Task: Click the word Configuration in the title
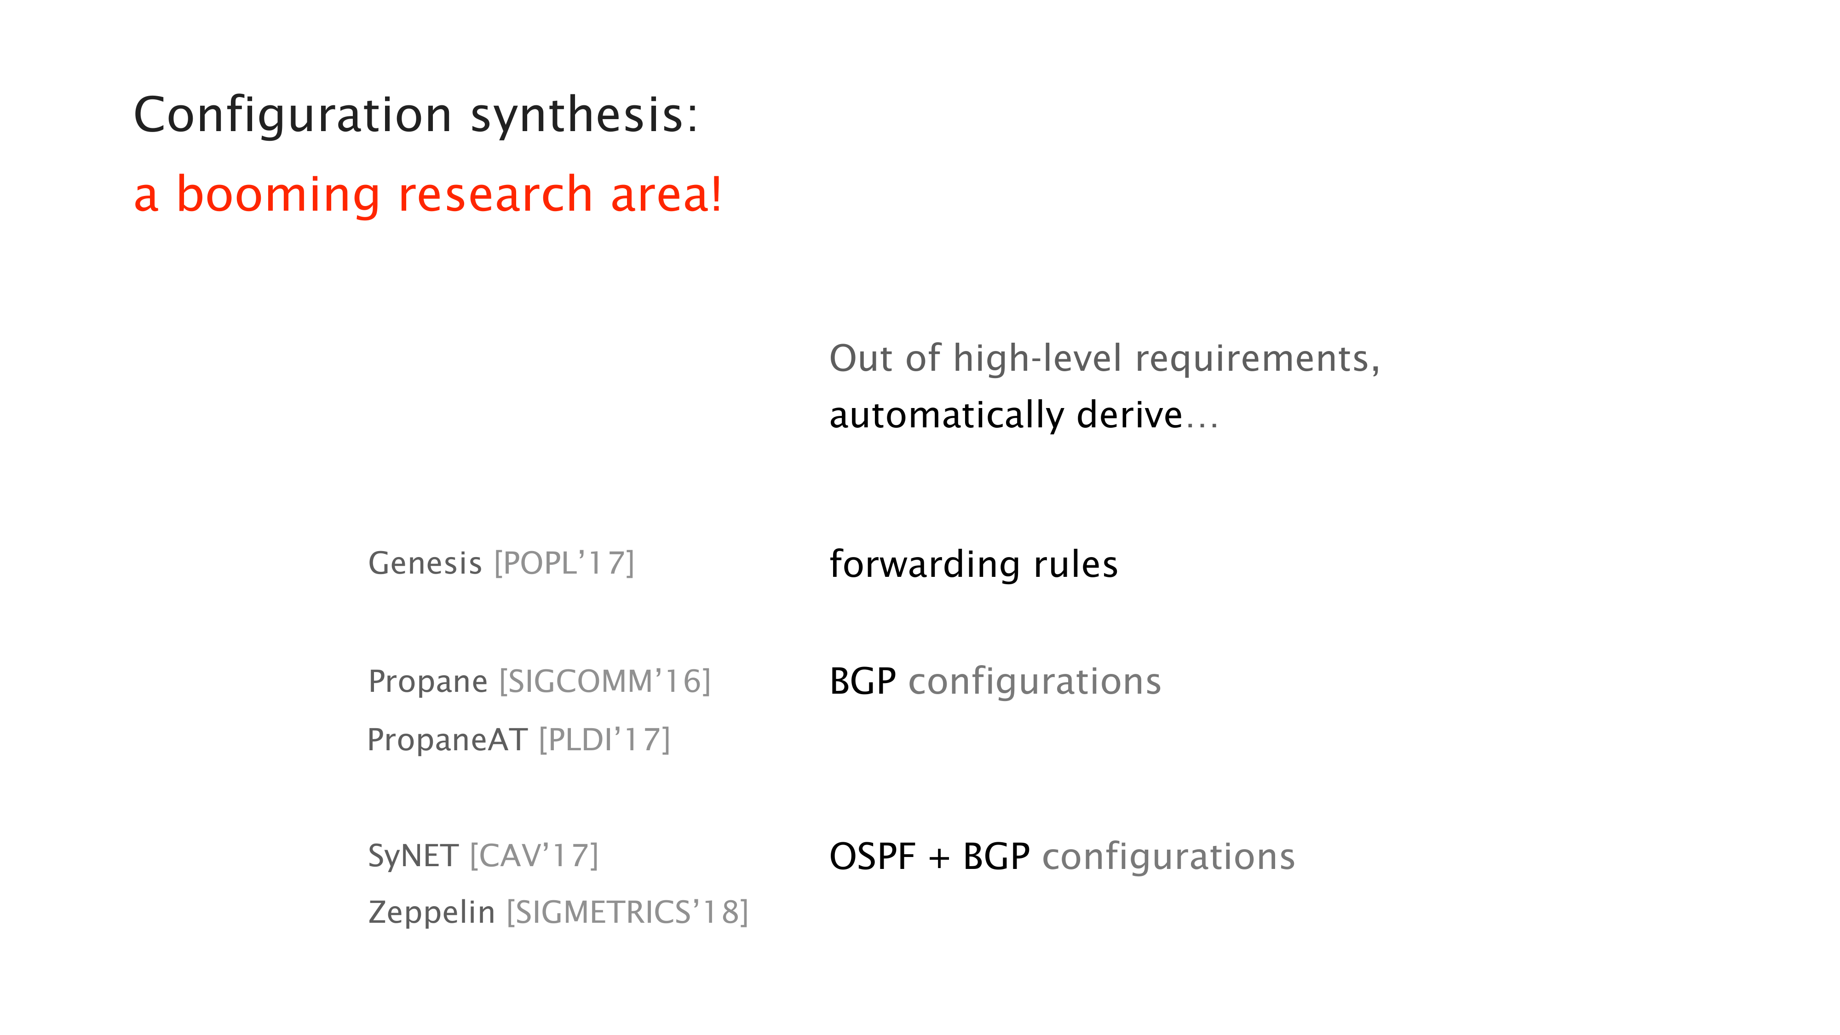pos(293,116)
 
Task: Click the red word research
pos(495,195)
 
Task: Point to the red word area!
pos(666,195)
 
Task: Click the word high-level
pos(1038,359)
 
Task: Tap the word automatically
pos(947,416)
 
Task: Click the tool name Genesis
pos(425,563)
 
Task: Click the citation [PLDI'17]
pos(604,740)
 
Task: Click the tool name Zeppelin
pos(431,913)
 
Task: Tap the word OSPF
pos(872,857)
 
